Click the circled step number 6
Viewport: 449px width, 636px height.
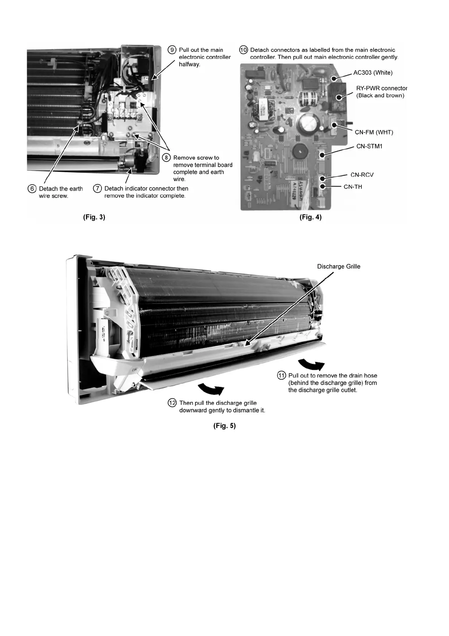tap(32, 189)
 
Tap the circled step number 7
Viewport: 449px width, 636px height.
tap(97, 188)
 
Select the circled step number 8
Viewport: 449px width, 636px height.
tap(166, 158)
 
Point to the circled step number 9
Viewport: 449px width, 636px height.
tap(172, 50)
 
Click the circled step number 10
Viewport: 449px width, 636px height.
tap(244, 50)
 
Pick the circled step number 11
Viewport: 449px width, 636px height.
tap(282, 375)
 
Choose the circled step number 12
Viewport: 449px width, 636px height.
tap(172, 403)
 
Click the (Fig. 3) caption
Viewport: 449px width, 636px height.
tap(94, 217)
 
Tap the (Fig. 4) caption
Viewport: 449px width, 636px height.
tap(311, 217)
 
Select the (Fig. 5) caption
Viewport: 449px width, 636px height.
tap(224, 426)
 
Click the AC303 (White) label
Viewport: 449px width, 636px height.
tap(373, 73)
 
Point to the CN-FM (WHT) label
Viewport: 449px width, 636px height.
tap(374, 132)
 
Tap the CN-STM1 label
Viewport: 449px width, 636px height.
tap(369, 146)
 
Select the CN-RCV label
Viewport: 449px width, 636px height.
tap(362, 175)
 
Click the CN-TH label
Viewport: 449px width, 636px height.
tap(353, 187)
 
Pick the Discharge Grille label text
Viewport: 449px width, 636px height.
tap(338, 267)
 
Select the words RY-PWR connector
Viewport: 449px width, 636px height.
tap(381, 88)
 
